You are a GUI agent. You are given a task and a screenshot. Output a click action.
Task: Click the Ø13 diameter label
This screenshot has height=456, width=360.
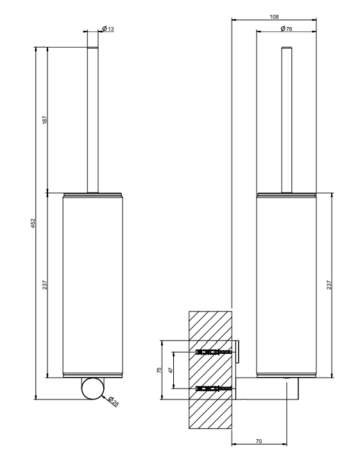click(x=108, y=28)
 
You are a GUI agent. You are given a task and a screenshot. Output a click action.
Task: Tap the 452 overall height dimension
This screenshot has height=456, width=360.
click(x=33, y=223)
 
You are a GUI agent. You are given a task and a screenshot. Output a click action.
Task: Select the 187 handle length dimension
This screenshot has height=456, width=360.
click(x=44, y=120)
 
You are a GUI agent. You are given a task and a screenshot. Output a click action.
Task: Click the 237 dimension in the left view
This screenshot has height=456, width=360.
click(x=44, y=285)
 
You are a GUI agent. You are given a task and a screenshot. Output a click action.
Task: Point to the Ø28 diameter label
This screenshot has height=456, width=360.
click(x=114, y=401)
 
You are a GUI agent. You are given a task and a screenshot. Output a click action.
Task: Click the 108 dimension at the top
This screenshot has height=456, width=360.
click(x=274, y=17)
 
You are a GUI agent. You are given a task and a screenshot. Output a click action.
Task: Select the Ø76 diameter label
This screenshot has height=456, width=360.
click(x=286, y=28)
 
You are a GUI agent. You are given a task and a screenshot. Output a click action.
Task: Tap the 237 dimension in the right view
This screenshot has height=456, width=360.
click(x=329, y=285)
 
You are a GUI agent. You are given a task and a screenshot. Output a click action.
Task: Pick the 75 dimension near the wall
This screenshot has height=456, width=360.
click(x=159, y=370)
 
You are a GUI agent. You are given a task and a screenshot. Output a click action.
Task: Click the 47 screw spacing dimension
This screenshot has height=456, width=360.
click(x=171, y=370)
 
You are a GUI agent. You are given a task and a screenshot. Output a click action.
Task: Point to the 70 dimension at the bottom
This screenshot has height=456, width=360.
click(x=259, y=441)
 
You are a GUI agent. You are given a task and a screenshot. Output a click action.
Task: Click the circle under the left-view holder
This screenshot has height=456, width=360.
click(x=92, y=389)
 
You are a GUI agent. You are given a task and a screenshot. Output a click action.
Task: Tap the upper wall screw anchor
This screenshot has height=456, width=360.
click(x=214, y=352)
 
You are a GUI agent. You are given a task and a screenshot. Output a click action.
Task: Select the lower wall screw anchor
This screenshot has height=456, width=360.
click(x=214, y=388)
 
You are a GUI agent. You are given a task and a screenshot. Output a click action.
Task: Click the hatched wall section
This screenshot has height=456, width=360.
click(x=210, y=370)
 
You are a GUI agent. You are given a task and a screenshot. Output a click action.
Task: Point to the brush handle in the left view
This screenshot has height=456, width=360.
click(x=92, y=120)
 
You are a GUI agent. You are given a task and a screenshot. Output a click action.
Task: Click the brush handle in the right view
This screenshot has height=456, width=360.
click(x=286, y=120)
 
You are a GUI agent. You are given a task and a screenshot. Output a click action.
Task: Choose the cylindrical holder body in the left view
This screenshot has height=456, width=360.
click(x=92, y=285)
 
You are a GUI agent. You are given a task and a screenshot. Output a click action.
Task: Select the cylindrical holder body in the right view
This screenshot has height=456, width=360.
click(x=286, y=285)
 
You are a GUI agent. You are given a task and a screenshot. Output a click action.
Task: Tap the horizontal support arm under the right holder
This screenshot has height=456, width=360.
click(x=267, y=389)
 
